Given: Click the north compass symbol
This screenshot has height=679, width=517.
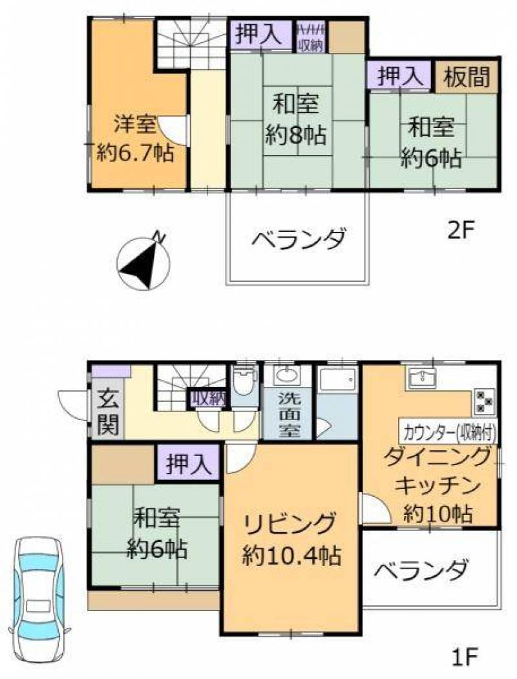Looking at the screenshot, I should pyautogui.click(x=143, y=264).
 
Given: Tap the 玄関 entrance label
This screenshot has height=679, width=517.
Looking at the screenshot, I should pyautogui.click(x=107, y=413).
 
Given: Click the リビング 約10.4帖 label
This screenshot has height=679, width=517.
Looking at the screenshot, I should pyautogui.click(x=291, y=538).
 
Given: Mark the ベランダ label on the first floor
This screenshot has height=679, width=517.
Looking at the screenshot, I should pyautogui.click(x=421, y=570).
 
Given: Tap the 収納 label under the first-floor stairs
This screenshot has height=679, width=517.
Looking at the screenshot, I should pyautogui.click(x=207, y=399).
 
